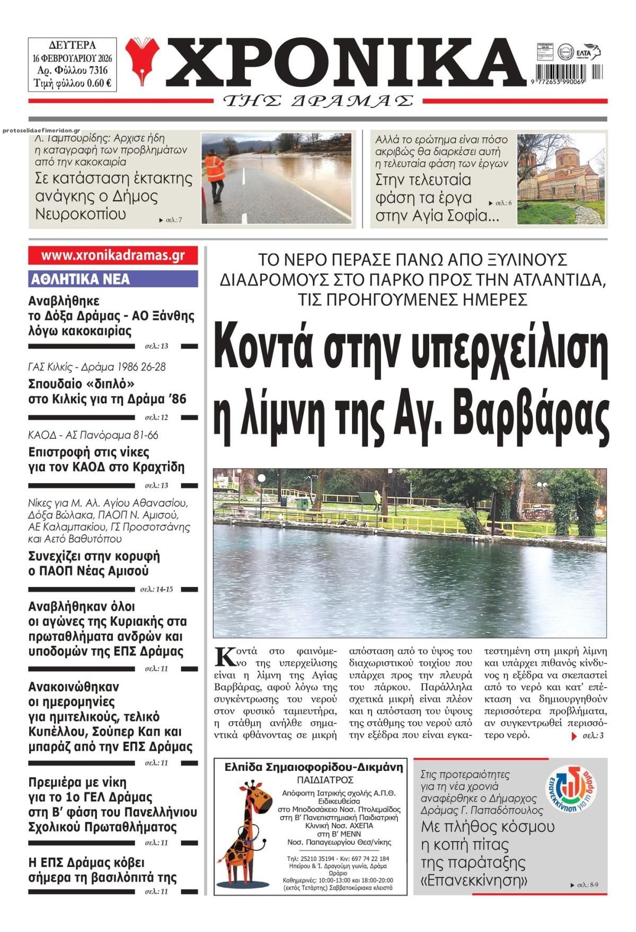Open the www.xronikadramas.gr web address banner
113,255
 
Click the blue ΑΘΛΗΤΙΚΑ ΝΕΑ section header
113,279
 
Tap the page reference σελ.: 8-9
594,885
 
